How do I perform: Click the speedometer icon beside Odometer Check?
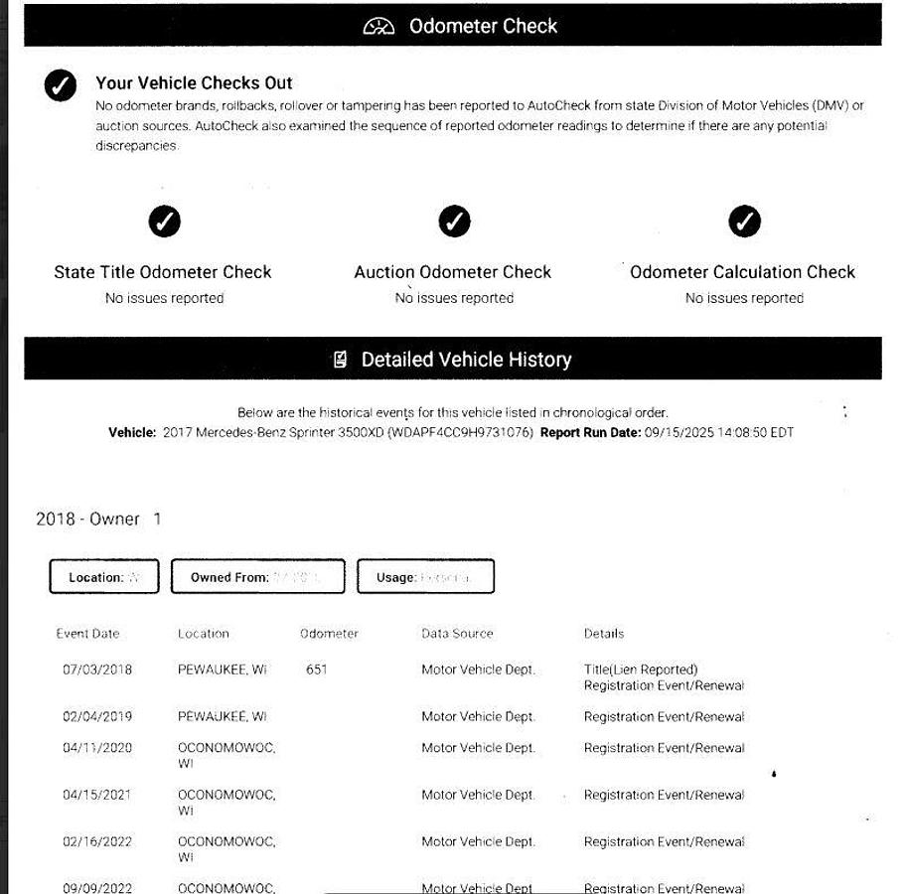tap(378, 27)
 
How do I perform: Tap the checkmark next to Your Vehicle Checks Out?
tap(61, 85)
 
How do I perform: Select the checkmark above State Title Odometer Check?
tap(164, 222)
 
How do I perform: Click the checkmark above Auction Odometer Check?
tap(454, 222)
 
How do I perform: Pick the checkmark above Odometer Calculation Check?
tap(744, 222)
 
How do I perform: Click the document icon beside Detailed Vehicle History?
tap(340, 360)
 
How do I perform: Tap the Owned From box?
tap(257, 577)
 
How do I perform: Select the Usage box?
tap(425, 577)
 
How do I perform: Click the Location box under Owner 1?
tap(103, 577)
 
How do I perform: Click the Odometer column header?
tap(329, 634)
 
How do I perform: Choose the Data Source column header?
tap(457, 634)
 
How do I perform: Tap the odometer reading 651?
tap(316, 670)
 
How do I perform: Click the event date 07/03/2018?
tap(97, 670)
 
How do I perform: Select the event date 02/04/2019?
tap(97, 716)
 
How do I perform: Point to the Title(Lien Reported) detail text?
tap(641, 670)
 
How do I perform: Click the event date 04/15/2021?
tap(97, 795)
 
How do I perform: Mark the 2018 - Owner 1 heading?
tap(98, 520)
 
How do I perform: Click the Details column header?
tap(604, 634)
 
